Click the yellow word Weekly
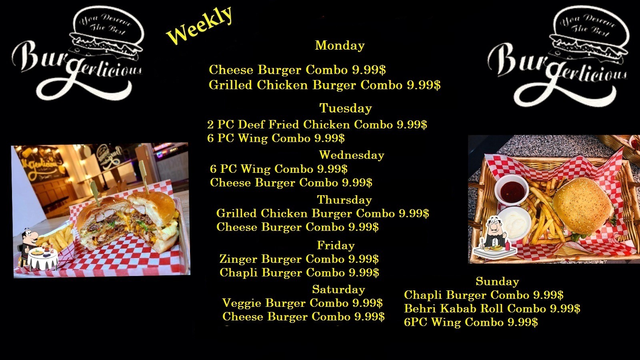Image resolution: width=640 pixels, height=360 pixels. pos(200,25)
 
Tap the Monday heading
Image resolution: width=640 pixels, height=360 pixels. pos(340,46)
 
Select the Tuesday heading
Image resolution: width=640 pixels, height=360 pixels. pos(346,108)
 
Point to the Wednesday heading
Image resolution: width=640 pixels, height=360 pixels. pos(352,155)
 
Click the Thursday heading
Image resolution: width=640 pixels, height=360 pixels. pos(344,200)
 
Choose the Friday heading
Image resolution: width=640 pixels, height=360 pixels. pos(336,246)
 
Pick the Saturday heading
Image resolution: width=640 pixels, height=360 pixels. pos(338,290)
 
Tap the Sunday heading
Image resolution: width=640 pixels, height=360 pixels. pos(498,282)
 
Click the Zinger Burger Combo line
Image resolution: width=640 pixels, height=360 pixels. pos(299,259)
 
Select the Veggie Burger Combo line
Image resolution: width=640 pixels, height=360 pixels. pos(302,303)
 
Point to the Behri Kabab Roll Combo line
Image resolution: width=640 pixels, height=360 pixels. pos(492,308)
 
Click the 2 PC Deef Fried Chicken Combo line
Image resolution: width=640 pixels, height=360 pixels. pos(317,124)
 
